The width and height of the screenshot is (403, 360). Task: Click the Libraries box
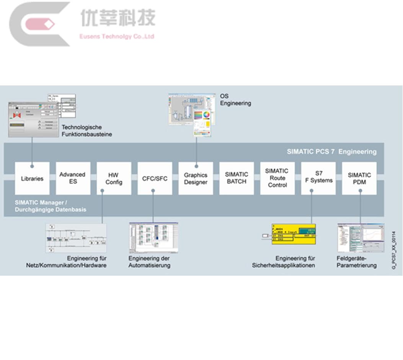[32, 178]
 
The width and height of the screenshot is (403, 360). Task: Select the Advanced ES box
[73, 178]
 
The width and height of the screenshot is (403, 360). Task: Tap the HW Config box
[114, 178]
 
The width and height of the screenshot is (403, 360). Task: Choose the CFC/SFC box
[155, 178]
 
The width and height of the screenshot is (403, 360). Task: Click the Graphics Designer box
[196, 178]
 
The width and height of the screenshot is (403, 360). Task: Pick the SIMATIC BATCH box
[237, 178]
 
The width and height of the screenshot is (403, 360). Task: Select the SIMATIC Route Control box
[277, 178]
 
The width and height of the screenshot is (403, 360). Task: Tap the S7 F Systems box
[318, 178]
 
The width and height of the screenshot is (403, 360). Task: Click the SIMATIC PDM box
[359, 178]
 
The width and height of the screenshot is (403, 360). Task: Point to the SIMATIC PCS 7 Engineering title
[331, 152]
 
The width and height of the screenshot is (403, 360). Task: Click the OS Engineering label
[235, 100]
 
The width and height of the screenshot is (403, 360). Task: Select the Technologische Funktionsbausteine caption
[86, 131]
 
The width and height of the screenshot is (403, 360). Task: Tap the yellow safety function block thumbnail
[294, 234]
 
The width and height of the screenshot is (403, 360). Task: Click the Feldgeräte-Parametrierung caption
[356, 262]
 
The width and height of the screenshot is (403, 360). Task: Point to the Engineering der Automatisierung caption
[149, 262]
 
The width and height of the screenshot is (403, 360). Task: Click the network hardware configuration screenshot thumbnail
[76, 238]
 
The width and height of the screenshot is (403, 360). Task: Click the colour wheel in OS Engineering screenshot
[207, 115]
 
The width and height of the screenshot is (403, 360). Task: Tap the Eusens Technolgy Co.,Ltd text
[117, 37]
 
